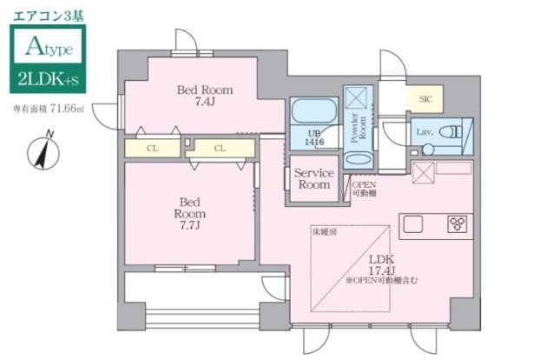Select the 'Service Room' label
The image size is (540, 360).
313,179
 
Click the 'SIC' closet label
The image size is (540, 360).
425,99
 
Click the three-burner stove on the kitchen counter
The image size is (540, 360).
457,224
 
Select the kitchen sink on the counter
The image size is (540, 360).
412,224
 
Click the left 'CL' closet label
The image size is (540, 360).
152,149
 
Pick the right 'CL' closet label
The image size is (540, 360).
220,149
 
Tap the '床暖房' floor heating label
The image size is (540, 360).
323,232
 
